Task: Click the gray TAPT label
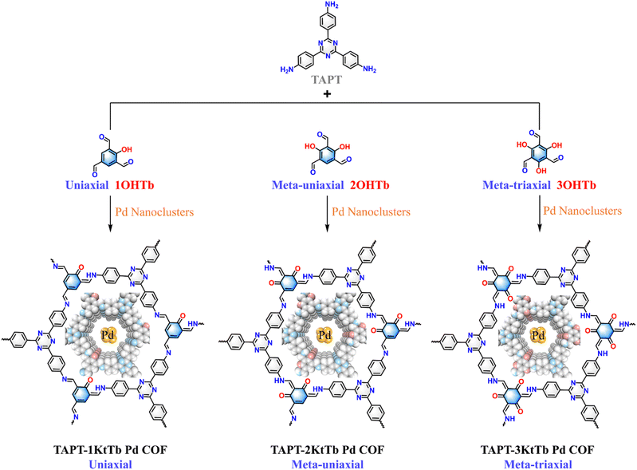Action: tap(327, 80)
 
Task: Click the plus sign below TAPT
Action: tap(327, 94)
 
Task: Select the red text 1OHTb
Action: tap(135, 185)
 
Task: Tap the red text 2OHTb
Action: tap(370, 185)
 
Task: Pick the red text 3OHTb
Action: tap(576, 185)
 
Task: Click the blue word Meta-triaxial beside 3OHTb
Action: tap(517, 185)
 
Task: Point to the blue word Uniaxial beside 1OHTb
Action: tap(87, 185)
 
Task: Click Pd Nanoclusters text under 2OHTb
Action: tap(371, 211)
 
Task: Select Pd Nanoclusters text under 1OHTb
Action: tap(155, 211)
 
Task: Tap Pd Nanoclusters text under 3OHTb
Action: tap(583, 211)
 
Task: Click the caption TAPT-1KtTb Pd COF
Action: tap(110, 450)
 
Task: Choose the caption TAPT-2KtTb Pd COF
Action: tap(327, 450)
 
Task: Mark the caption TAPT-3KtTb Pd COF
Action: tap(537, 450)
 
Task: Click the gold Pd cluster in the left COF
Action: tap(109, 335)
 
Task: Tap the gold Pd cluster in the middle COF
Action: tap(324, 335)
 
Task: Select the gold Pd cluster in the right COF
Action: tap(538, 335)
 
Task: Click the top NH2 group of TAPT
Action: tap(332, 6)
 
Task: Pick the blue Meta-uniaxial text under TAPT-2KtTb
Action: tap(328, 464)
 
